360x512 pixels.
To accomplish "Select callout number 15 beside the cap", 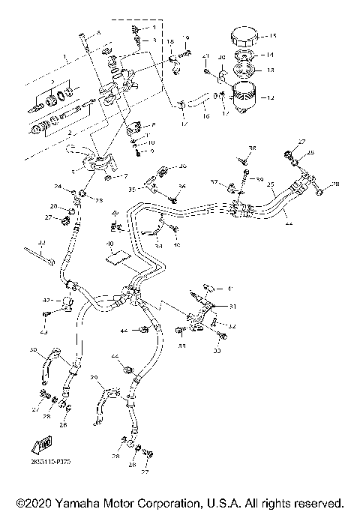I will click(x=273, y=36).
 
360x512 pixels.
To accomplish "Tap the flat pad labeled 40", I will click(x=117, y=259).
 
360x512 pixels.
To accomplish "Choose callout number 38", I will click(x=253, y=148).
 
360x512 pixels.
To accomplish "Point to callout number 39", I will click(x=260, y=181).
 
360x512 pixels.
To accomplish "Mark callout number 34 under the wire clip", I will click(x=158, y=244).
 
